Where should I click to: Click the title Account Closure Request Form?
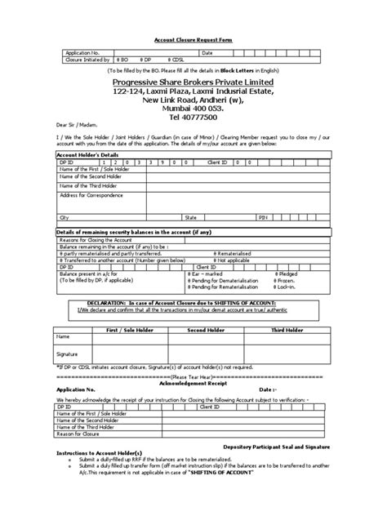pyautogui.click(x=193, y=38)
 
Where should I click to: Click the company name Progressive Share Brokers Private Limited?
pyautogui.click(x=193, y=82)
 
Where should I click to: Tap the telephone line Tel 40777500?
pyautogui.click(x=193, y=117)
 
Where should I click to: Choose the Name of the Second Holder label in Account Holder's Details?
pyautogui.click(x=92, y=176)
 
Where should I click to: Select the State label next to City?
pyautogui.click(x=191, y=219)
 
